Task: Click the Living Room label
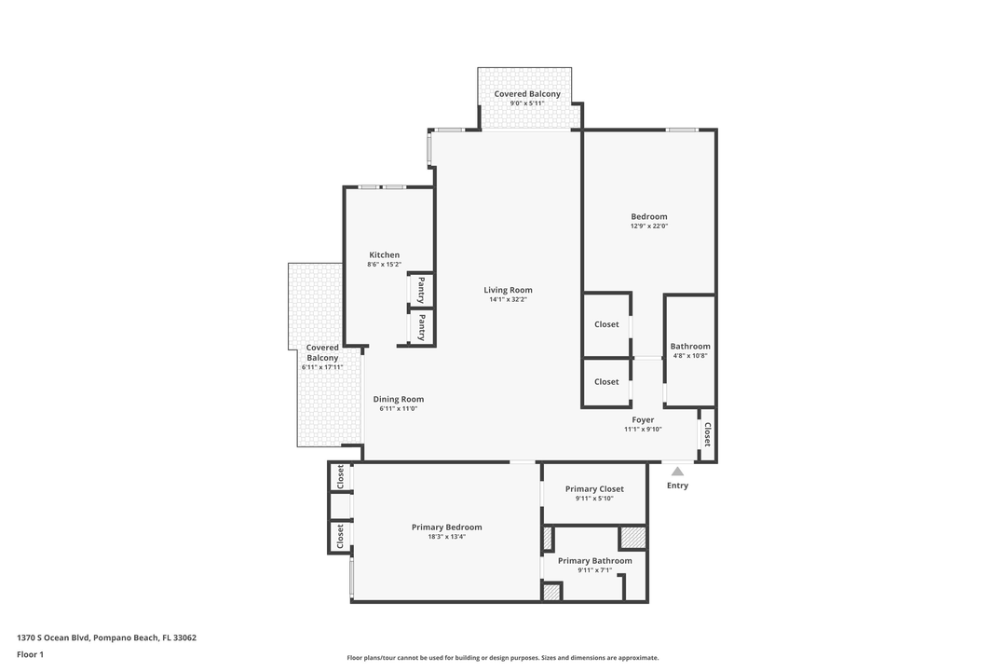click(x=508, y=290)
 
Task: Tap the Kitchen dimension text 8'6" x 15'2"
click(x=384, y=265)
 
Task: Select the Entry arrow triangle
click(x=677, y=472)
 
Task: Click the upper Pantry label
click(x=421, y=290)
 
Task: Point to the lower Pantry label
click(x=421, y=327)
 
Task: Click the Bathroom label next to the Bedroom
click(x=690, y=346)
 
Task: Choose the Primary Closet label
click(x=594, y=488)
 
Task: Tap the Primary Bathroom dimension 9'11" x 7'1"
click(x=594, y=570)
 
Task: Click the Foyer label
click(x=643, y=420)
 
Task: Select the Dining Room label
click(x=399, y=399)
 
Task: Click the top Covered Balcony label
click(x=527, y=94)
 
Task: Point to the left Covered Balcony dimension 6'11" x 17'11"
click(x=322, y=367)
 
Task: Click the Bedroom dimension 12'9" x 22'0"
click(x=649, y=226)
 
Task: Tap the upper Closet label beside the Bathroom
click(x=606, y=324)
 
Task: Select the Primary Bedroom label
click(x=447, y=527)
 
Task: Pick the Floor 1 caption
click(x=30, y=654)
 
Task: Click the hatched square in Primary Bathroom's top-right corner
click(x=633, y=538)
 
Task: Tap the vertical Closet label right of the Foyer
click(x=707, y=433)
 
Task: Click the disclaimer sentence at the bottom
click(x=503, y=658)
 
